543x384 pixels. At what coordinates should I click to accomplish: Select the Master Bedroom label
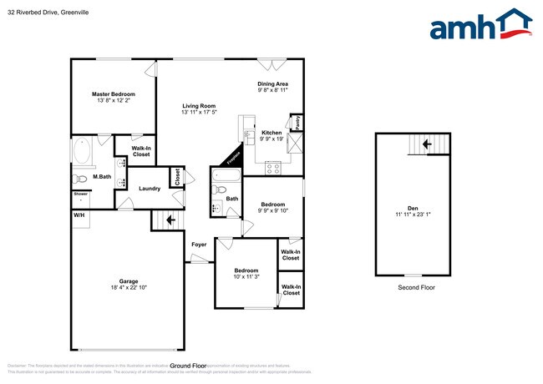tap(113, 94)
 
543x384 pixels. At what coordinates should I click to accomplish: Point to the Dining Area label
tap(272, 84)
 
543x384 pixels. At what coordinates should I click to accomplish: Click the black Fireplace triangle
tap(231, 155)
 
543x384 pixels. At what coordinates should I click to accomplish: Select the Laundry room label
tap(150, 188)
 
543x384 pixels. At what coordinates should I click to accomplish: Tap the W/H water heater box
tap(79, 215)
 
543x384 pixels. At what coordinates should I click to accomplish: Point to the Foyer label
tap(199, 245)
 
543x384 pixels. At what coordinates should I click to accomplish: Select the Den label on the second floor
tap(414, 208)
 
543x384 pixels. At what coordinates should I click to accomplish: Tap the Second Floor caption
tap(415, 287)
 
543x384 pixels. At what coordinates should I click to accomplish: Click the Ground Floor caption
tap(188, 366)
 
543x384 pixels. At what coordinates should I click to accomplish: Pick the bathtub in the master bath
tap(82, 153)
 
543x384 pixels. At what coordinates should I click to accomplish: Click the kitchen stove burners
tap(272, 167)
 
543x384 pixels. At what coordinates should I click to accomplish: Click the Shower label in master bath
tap(80, 194)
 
